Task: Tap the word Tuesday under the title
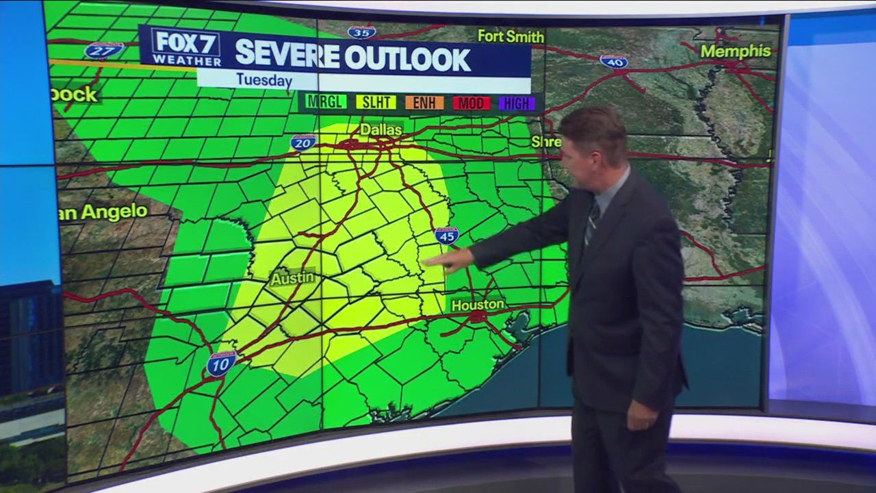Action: (x=264, y=80)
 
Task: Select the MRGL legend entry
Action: (x=325, y=103)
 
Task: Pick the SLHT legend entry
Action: (x=376, y=103)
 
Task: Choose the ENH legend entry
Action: (x=424, y=103)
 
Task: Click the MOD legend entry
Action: (x=471, y=103)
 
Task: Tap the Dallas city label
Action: (x=381, y=129)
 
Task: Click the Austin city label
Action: (x=292, y=279)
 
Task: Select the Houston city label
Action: (x=478, y=304)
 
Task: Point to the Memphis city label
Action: (x=736, y=51)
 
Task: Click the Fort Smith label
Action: (x=511, y=36)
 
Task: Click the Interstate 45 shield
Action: (x=446, y=236)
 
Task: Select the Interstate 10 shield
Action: (x=221, y=364)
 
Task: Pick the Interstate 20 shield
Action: (x=303, y=142)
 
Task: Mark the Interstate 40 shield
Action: (x=614, y=62)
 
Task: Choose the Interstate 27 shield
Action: (x=103, y=50)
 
